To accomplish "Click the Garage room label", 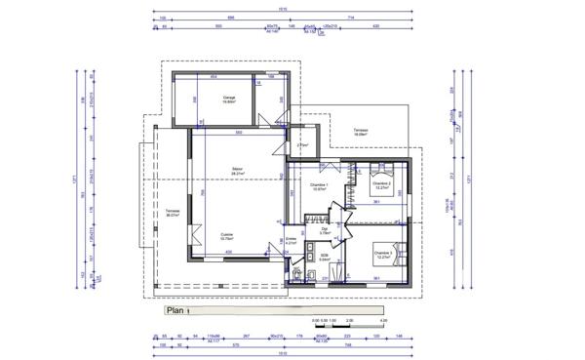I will pos(230,98).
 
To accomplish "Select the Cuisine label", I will pos(226,235).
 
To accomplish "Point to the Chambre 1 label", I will pos(319,185).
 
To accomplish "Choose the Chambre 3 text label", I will pos(382,254).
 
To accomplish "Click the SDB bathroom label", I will pos(325,257).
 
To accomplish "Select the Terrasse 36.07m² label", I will pos(174,213).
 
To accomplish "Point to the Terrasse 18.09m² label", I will pos(360,130).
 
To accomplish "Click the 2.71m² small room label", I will pos(302,146).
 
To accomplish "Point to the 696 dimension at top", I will pos(231,17).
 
